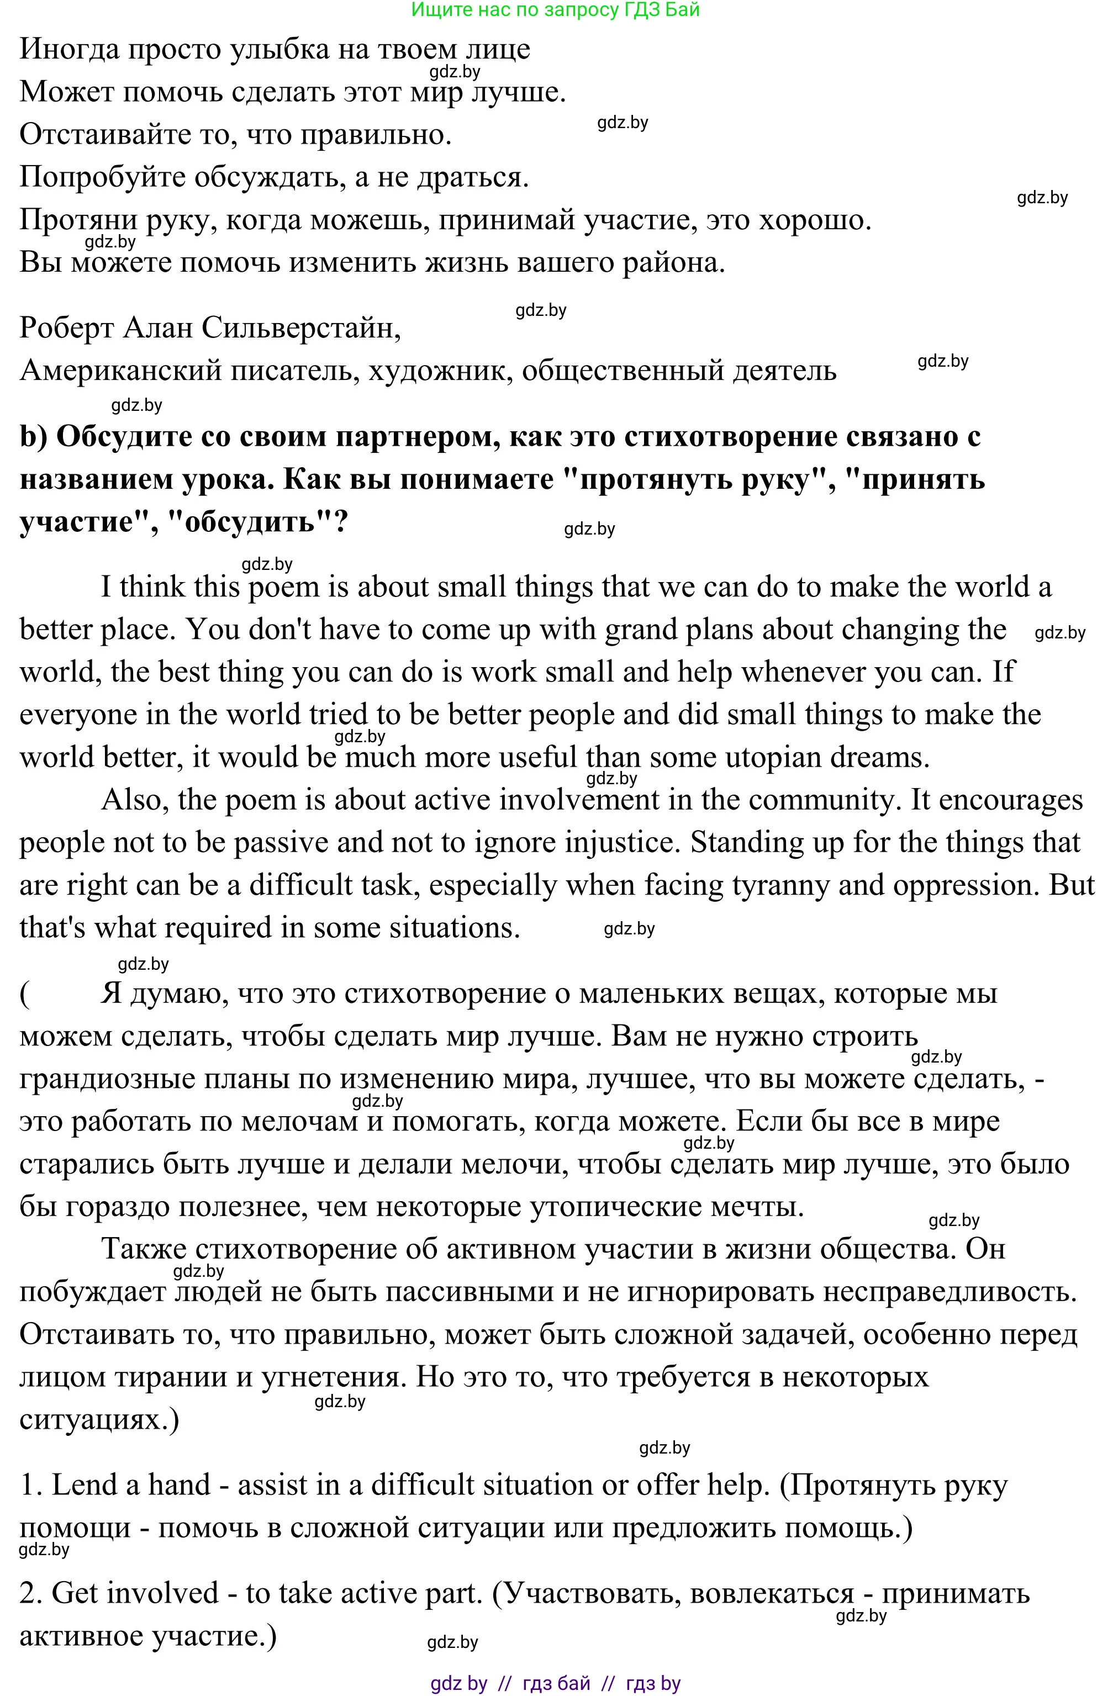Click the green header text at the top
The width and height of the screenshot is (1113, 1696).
coord(556,10)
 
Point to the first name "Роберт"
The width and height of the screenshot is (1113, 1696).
coord(66,329)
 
